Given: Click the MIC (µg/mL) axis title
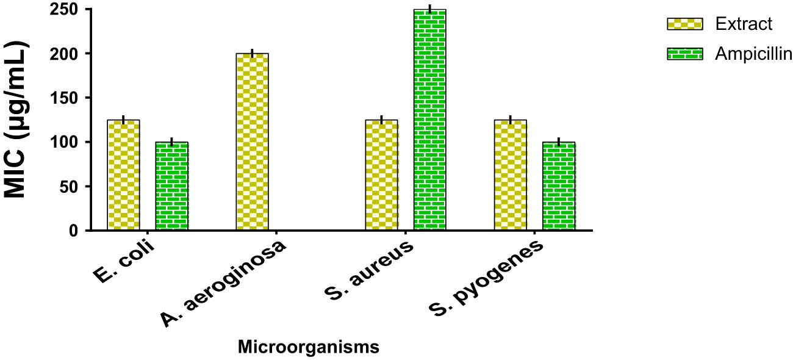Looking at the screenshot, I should tap(18, 120).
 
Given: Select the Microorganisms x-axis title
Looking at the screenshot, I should tap(308, 347).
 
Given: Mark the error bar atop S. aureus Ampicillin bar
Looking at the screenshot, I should tap(429, 9).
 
